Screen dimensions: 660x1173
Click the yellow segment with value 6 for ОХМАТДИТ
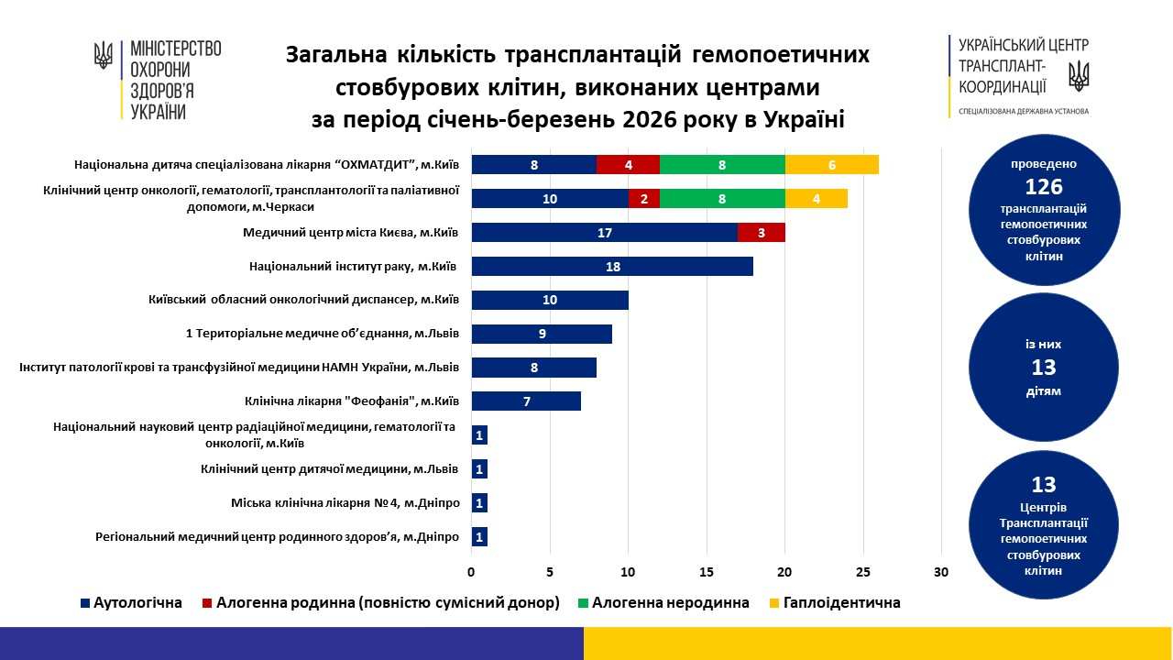[831, 165]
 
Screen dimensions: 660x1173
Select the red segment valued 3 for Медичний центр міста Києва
[761, 233]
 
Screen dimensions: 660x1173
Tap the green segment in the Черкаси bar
[722, 199]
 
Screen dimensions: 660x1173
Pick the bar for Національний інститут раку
[611, 267]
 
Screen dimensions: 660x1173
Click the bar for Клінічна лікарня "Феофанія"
[525, 401]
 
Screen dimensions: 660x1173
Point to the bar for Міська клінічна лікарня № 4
[479, 503]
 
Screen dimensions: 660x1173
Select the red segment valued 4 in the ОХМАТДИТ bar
[628, 165]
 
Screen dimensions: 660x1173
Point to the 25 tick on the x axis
[863, 573]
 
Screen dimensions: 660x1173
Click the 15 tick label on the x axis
[707, 573]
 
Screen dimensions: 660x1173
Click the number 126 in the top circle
[1044, 187]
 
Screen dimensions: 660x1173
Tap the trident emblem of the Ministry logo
[104, 55]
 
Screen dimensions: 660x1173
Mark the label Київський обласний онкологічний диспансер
[302, 301]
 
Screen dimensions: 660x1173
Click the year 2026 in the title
[596, 121]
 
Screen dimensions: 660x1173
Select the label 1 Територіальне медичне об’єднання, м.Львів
[322, 334]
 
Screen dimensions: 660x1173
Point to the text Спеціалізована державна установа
[1023, 111]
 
